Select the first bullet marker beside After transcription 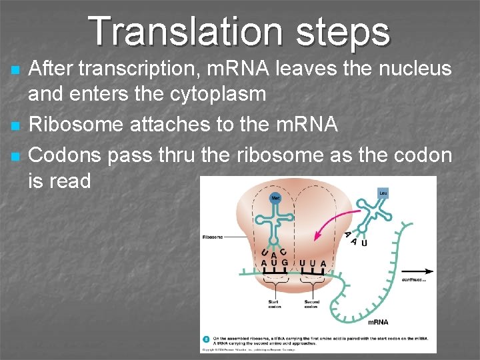tap(17, 69)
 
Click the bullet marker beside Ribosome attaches tap(17, 125)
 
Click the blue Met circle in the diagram tap(275, 198)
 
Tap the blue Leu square tap(383, 193)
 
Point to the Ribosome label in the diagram tap(213, 236)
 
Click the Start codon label tap(275, 304)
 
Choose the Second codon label tap(312, 304)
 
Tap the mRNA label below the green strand tap(377, 322)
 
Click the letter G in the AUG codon tap(285, 263)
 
